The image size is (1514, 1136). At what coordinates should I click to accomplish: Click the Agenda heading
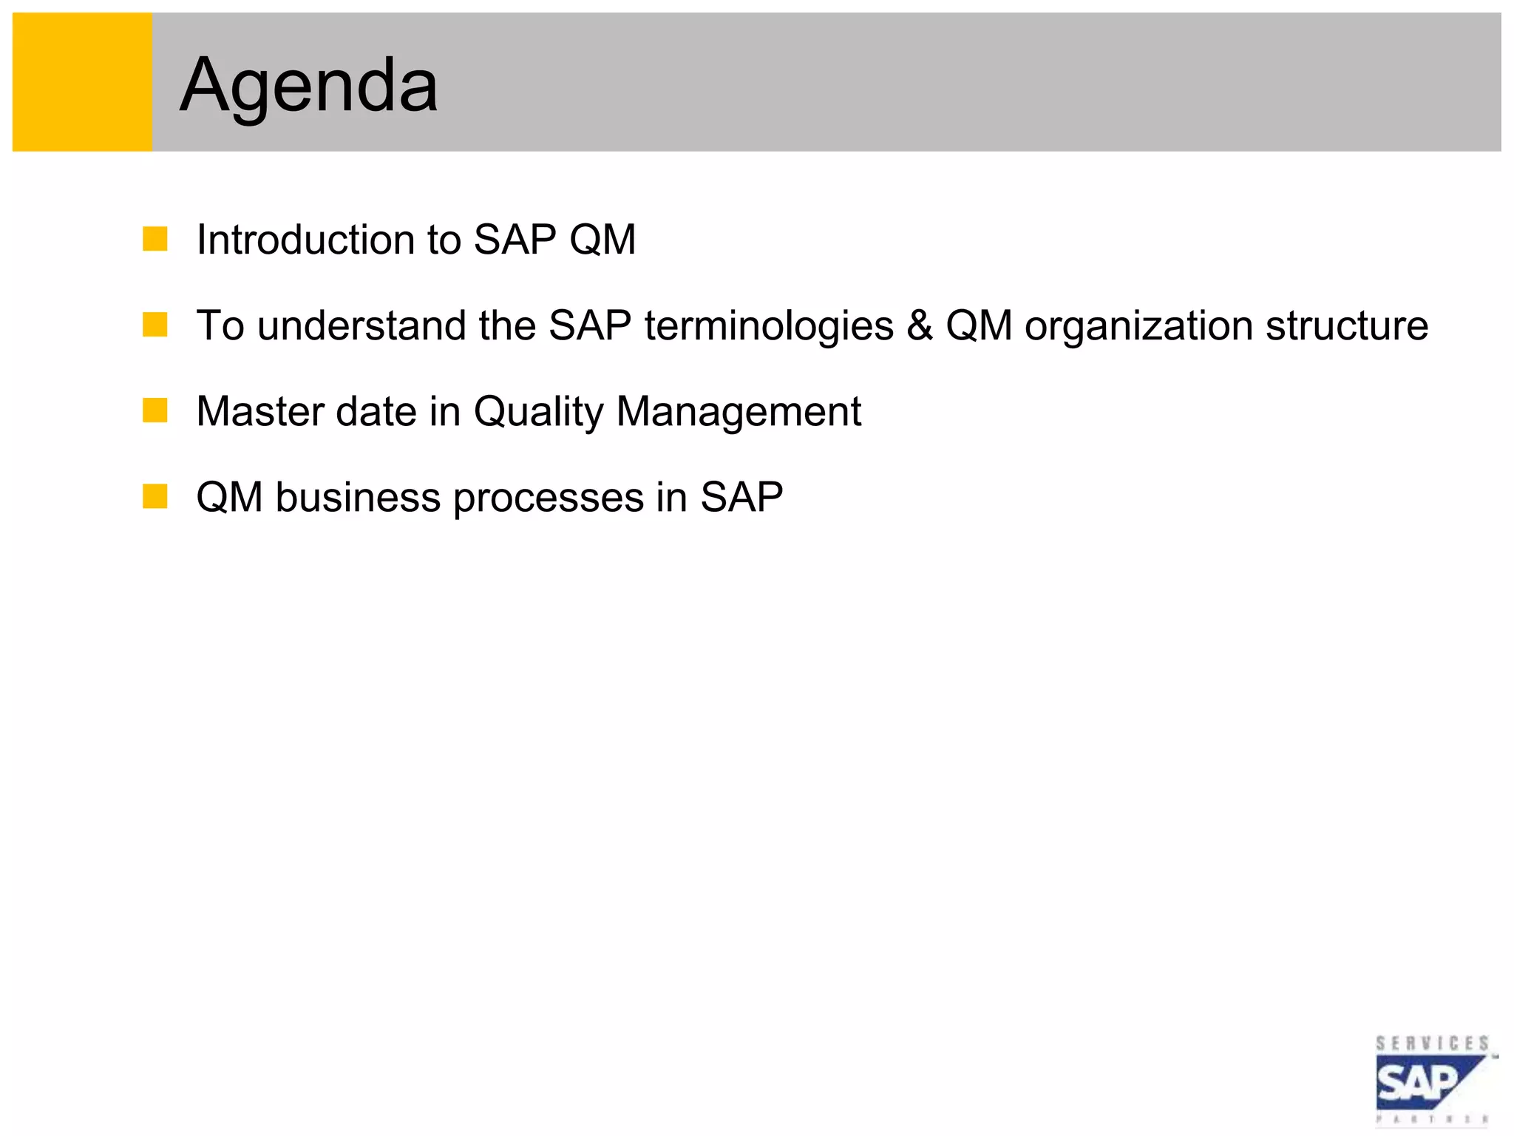point(308,86)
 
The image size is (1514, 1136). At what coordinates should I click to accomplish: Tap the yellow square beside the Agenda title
point(82,82)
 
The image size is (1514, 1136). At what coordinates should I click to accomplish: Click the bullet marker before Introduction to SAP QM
point(155,239)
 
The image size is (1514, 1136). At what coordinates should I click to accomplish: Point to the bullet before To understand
point(155,325)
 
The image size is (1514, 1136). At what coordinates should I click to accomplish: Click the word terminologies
point(769,326)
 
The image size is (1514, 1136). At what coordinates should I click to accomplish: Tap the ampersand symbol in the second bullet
point(919,325)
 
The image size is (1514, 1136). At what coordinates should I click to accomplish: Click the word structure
point(1346,325)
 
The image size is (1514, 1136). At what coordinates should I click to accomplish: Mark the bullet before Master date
point(155,410)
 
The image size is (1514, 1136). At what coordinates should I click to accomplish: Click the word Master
point(259,411)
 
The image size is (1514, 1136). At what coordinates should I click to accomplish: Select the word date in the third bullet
point(376,411)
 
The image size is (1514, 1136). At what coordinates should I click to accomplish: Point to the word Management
point(739,412)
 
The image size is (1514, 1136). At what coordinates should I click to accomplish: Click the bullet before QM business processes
point(155,496)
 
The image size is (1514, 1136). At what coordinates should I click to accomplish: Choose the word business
point(359,497)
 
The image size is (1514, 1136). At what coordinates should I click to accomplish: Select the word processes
point(549,498)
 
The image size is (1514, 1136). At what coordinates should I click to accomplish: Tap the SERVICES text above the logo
point(1432,1044)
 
